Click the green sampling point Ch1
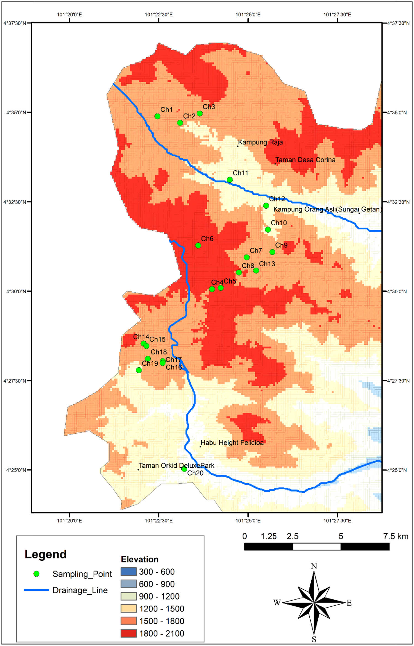point(157,116)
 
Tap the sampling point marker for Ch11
point(230,180)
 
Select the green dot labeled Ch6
point(198,245)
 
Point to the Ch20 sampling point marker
point(184,469)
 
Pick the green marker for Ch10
point(268,230)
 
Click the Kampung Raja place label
point(260,142)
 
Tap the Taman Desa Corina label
point(305,160)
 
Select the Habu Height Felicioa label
point(232,442)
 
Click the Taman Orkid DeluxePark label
point(176,465)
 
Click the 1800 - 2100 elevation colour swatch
point(129,633)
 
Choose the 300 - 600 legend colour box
point(129,571)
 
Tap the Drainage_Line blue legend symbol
point(36,590)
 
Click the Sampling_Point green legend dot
point(36,574)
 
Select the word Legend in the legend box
point(46,554)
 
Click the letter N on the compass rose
point(314,566)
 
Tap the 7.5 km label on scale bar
point(396,536)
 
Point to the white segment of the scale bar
point(317,546)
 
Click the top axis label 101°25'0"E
point(248,14)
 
